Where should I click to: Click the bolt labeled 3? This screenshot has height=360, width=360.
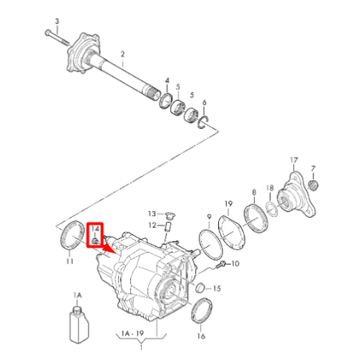[57, 38]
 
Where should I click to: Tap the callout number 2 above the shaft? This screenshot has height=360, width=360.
[122, 54]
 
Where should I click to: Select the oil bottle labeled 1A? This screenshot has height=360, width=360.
[79, 325]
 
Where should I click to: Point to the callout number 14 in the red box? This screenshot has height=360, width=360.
[95, 228]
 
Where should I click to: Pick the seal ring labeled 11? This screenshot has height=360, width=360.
[72, 235]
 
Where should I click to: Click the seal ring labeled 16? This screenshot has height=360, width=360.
[202, 310]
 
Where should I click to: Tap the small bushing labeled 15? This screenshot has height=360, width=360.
[200, 288]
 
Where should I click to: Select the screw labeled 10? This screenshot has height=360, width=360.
[221, 265]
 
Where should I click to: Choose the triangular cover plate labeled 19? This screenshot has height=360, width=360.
[232, 233]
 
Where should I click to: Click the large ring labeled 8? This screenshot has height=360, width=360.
[256, 218]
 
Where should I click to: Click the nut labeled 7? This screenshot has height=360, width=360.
[313, 184]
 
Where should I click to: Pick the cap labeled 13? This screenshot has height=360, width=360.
[170, 215]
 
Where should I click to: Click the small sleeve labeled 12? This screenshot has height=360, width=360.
[167, 227]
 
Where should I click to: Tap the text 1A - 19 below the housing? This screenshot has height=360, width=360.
[132, 333]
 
